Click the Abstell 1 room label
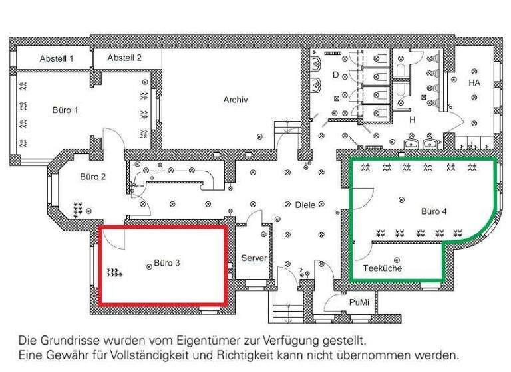[x=56, y=58]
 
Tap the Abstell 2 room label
[x=124, y=58]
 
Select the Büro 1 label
[x=65, y=110]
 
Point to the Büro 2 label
[x=93, y=177]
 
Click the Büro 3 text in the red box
[x=167, y=263]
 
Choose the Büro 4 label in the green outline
[x=434, y=211]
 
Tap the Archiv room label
[x=236, y=100]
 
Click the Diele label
[x=305, y=205]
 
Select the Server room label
[x=254, y=257]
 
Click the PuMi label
[x=359, y=302]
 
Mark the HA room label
[x=474, y=83]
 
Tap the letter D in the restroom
[x=336, y=75]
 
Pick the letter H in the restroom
[x=412, y=120]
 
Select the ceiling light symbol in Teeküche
[x=397, y=259]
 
